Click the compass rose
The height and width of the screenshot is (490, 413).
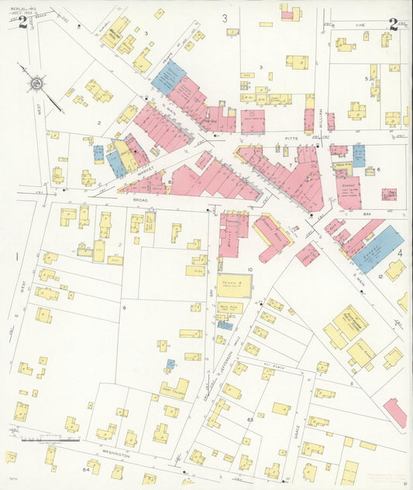pyautogui.click(x=37, y=83)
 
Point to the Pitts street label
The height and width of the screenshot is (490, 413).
pyautogui.click(x=291, y=137)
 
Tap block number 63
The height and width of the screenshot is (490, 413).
pyautogui.click(x=250, y=419)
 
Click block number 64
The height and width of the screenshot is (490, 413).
pyautogui.click(x=85, y=470)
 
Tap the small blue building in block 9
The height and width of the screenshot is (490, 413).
pyautogui.click(x=170, y=363)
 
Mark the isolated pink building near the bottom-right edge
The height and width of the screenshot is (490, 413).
pyautogui.click(x=394, y=412)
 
